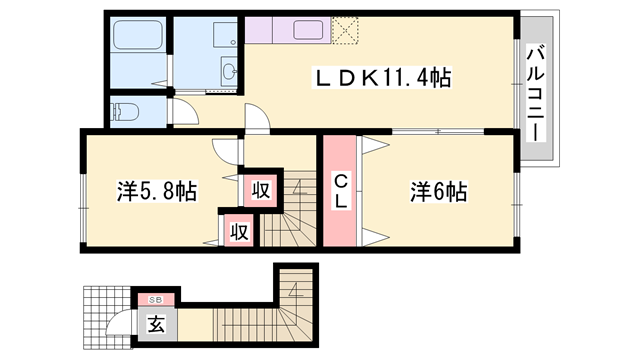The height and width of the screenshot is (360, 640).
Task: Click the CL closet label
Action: tap(341, 191)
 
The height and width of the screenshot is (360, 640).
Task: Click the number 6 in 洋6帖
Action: tap(438, 189)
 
